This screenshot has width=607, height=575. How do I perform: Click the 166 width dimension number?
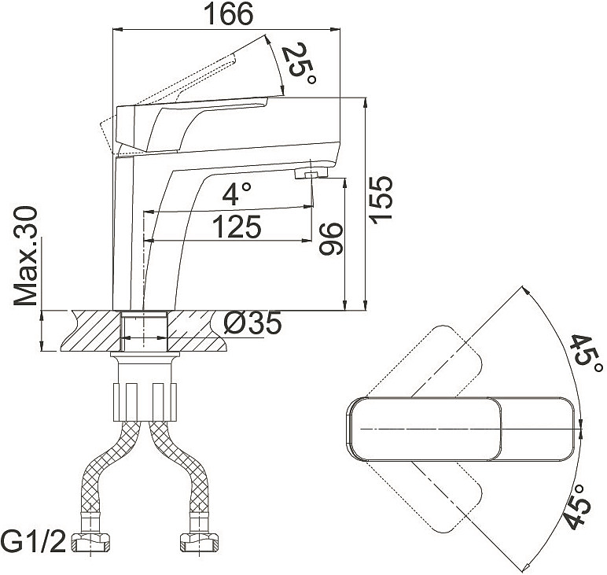(228, 13)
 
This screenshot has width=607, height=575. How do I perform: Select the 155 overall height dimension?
(381, 200)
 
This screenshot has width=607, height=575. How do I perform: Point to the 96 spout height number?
(331, 239)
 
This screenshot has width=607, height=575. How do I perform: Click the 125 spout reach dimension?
(237, 227)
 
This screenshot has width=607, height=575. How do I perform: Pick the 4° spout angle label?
(237, 194)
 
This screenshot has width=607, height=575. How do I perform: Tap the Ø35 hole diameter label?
(253, 323)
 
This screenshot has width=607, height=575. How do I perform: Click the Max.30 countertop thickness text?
(25, 256)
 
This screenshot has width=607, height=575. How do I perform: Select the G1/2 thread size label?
(33, 543)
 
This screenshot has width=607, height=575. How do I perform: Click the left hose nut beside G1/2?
(90, 542)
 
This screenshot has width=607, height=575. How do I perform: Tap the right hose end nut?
(200, 542)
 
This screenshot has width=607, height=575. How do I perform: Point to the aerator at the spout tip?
(311, 173)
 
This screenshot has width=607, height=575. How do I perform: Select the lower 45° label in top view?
(577, 507)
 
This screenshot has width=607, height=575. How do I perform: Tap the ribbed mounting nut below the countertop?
(145, 402)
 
